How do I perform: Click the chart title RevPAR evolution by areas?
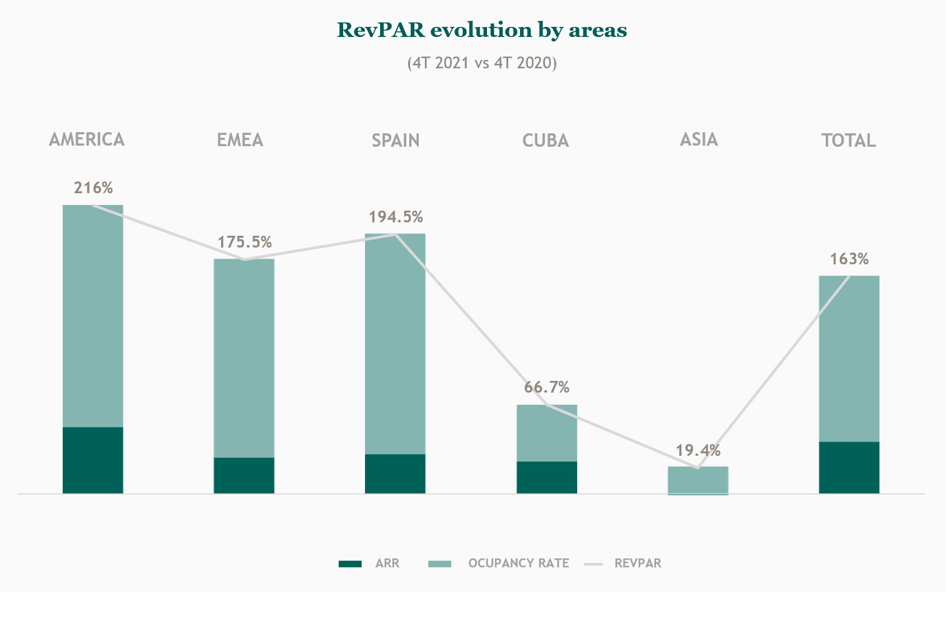pyautogui.click(x=481, y=30)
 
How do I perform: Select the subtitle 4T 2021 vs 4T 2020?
pyautogui.click(x=481, y=63)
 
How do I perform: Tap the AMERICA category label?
pyautogui.click(x=87, y=139)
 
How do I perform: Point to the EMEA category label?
pyautogui.click(x=240, y=140)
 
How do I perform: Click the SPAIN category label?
pyautogui.click(x=396, y=140)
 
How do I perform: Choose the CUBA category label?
pyautogui.click(x=546, y=140)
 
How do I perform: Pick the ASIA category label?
pyautogui.click(x=699, y=139)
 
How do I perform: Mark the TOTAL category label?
pyautogui.click(x=849, y=140)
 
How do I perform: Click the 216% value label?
pyautogui.click(x=93, y=188)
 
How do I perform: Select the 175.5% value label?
pyautogui.click(x=245, y=242)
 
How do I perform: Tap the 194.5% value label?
pyautogui.click(x=396, y=217)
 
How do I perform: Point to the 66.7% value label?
pyautogui.click(x=547, y=387)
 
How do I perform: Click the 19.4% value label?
pyautogui.click(x=698, y=450)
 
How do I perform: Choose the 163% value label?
pyautogui.click(x=849, y=259)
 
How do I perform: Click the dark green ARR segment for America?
pyautogui.click(x=93, y=460)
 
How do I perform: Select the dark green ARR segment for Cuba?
pyautogui.click(x=547, y=477)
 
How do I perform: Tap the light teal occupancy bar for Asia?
pyautogui.click(x=698, y=480)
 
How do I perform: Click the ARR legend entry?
pyautogui.click(x=369, y=563)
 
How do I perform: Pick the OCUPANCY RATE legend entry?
pyautogui.click(x=499, y=563)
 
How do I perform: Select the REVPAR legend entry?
pyautogui.click(x=623, y=563)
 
